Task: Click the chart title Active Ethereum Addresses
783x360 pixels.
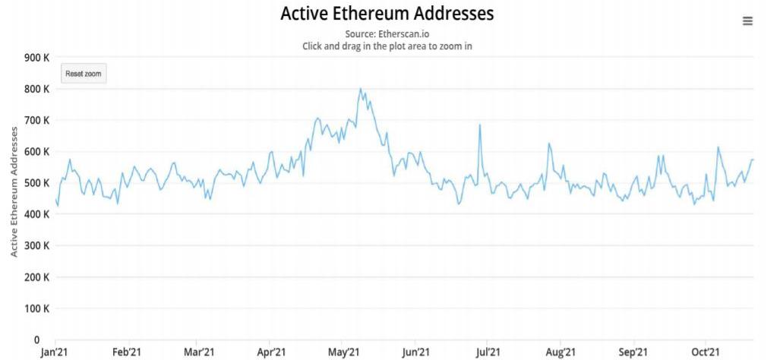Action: pos(387,14)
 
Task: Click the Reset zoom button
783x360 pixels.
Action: pos(84,74)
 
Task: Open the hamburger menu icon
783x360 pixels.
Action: pos(747,21)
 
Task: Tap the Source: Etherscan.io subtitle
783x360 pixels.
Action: pos(387,34)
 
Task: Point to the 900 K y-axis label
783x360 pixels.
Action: pos(37,57)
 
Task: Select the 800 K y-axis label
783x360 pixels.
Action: pos(37,89)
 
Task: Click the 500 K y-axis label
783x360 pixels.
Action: pos(37,183)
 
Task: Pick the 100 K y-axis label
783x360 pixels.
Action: pos(37,309)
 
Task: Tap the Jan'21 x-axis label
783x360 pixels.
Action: pos(55,352)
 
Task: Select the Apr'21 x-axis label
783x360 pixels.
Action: pos(271,352)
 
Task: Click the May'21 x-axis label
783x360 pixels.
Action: pos(343,352)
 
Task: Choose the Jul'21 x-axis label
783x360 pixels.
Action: pos(488,352)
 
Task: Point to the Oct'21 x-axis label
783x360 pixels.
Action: pos(706,352)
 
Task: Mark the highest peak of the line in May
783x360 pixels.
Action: pos(360,89)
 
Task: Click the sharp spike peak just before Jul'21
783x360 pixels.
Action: pos(480,125)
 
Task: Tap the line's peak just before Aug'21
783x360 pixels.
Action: pos(548,144)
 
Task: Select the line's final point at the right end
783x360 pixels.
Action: pos(753,159)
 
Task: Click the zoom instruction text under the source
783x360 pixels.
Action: pos(387,46)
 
